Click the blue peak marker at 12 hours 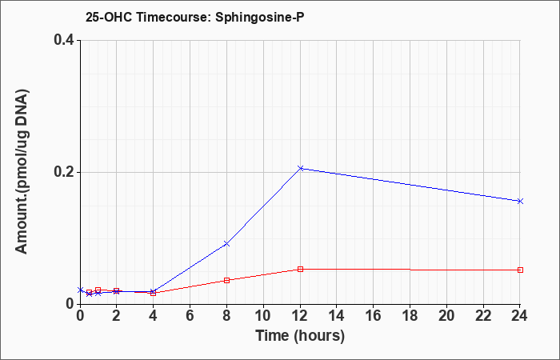[300, 168]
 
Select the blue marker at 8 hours [226, 244]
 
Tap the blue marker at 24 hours [520, 201]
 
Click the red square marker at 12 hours [300, 269]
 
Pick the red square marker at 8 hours [226, 280]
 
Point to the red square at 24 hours [520, 270]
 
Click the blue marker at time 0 [80, 290]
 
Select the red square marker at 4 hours [154, 294]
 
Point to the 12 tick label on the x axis [300, 316]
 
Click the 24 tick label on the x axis [520, 316]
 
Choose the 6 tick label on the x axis [190, 316]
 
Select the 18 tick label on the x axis [410, 316]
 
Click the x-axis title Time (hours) [300, 336]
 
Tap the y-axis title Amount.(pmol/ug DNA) [22, 172]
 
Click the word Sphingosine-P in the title [260, 17]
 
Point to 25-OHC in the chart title [109, 17]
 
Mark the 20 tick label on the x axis [446, 316]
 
